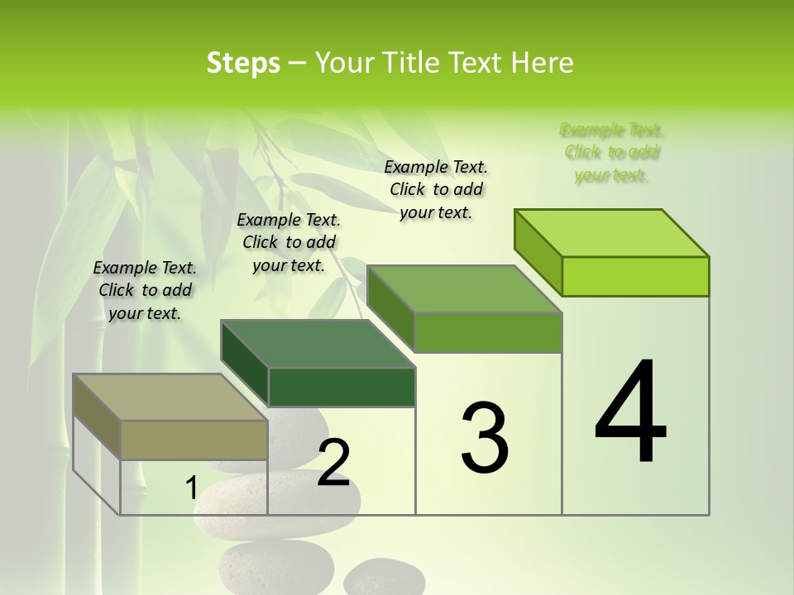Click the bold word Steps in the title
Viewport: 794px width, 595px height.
[243, 63]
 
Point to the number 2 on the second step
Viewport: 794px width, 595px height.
[333, 464]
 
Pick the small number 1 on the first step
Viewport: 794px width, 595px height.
[191, 488]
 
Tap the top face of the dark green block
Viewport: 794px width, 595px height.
[318, 344]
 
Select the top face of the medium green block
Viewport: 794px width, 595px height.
[465, 289]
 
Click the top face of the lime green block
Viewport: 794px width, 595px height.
[612, 233]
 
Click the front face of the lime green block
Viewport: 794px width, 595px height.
[635, 276]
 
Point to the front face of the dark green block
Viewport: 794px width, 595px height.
[342, 387]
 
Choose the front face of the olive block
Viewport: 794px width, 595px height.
[194, 440]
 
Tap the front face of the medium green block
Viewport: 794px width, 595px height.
[488, 332]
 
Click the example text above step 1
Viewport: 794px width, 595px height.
[145, 290]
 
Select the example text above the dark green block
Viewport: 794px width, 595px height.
[289, 242]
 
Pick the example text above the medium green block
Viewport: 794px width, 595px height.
[436, 189]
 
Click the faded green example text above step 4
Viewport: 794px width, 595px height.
[612, 152]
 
